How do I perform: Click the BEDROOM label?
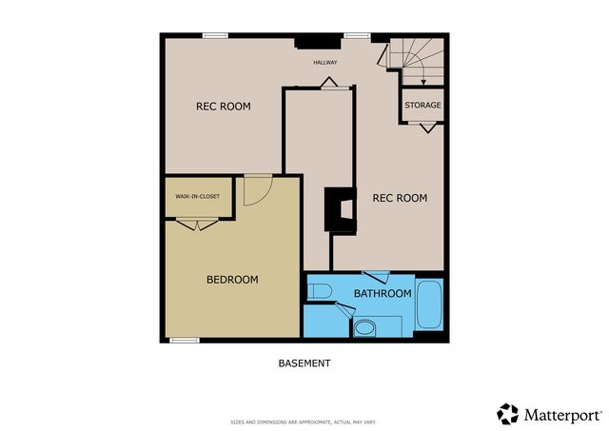233,280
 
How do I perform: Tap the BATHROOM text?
383,294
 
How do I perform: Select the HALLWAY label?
326,63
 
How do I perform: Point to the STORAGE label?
422,105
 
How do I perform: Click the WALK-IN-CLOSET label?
197,197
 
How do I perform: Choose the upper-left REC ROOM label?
224,107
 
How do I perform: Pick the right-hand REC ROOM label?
399,198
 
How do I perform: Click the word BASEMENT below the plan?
304,363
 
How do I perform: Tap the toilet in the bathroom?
318,290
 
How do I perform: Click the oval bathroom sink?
363,330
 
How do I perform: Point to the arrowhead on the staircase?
422,82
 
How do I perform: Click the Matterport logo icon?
508,414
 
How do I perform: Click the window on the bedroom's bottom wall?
184,340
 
